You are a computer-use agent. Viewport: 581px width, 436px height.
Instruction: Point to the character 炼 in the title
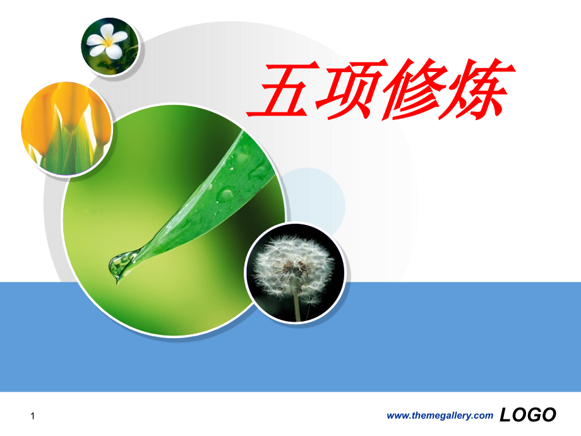pos(477,92)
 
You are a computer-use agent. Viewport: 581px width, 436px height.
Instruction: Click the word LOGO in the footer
pos(527,415)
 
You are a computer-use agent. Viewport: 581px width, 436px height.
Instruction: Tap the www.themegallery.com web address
pos(439,415)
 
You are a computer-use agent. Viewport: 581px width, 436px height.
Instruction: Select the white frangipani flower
pos(107,42)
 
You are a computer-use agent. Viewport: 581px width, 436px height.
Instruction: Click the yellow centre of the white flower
pos(108,42)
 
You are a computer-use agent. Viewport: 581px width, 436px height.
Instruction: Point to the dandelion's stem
pos(297,306)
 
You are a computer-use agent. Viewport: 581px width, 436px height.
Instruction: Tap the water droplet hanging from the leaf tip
pos(121,265)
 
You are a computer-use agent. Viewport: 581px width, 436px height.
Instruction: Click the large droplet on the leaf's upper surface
pos(225,193)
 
